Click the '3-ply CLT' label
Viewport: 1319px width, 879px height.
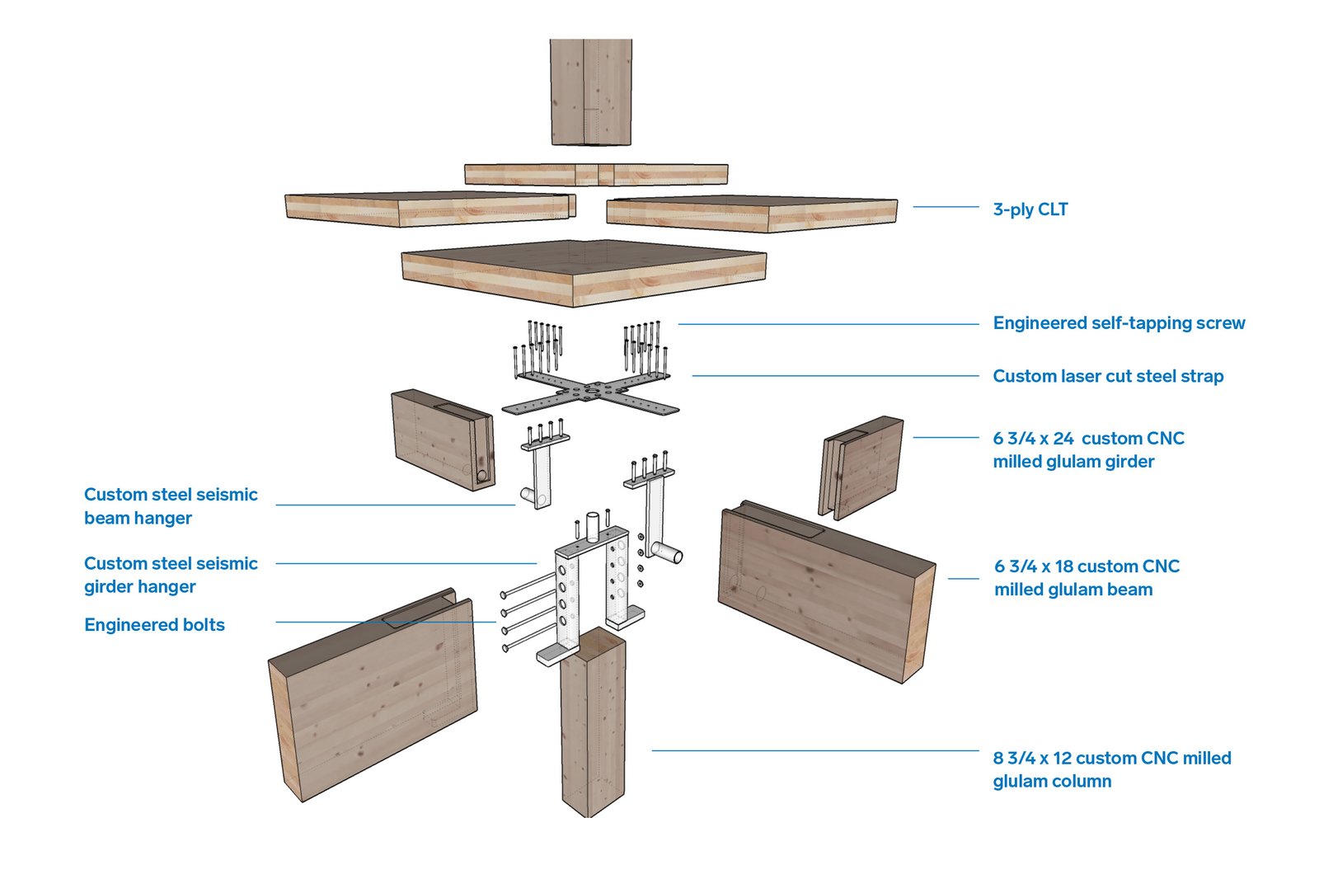(x=1030, y=209)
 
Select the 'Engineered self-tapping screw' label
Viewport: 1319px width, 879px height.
(x=1119, y=323)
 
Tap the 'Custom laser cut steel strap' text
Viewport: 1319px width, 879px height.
(x=1107, y=376)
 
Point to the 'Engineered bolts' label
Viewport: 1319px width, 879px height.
(x=154, y=625)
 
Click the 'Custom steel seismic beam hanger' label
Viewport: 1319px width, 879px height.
(x=170, y=505)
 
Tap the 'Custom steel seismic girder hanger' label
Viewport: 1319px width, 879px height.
(x=170, y=575)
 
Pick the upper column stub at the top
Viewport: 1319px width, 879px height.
(x=590, y=91)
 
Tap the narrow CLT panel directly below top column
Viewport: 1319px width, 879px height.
(x=595, y=174)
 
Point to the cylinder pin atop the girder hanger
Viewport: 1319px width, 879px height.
(x=591, y=525)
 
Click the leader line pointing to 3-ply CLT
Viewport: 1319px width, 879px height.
(x=946, y=207)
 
